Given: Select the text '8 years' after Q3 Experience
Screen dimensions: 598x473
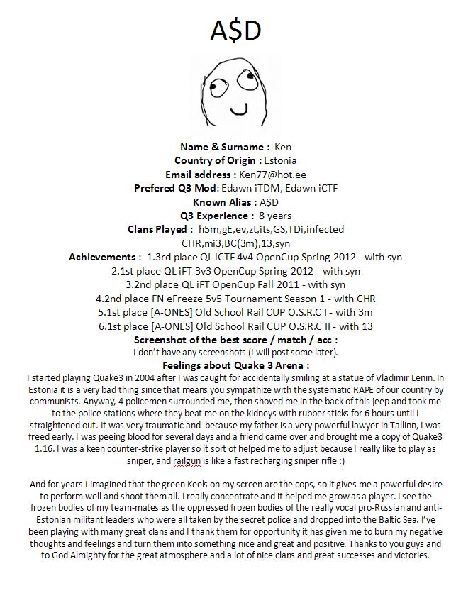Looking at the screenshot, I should (275, 216).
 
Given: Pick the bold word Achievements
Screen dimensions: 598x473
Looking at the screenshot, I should (104, 257).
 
